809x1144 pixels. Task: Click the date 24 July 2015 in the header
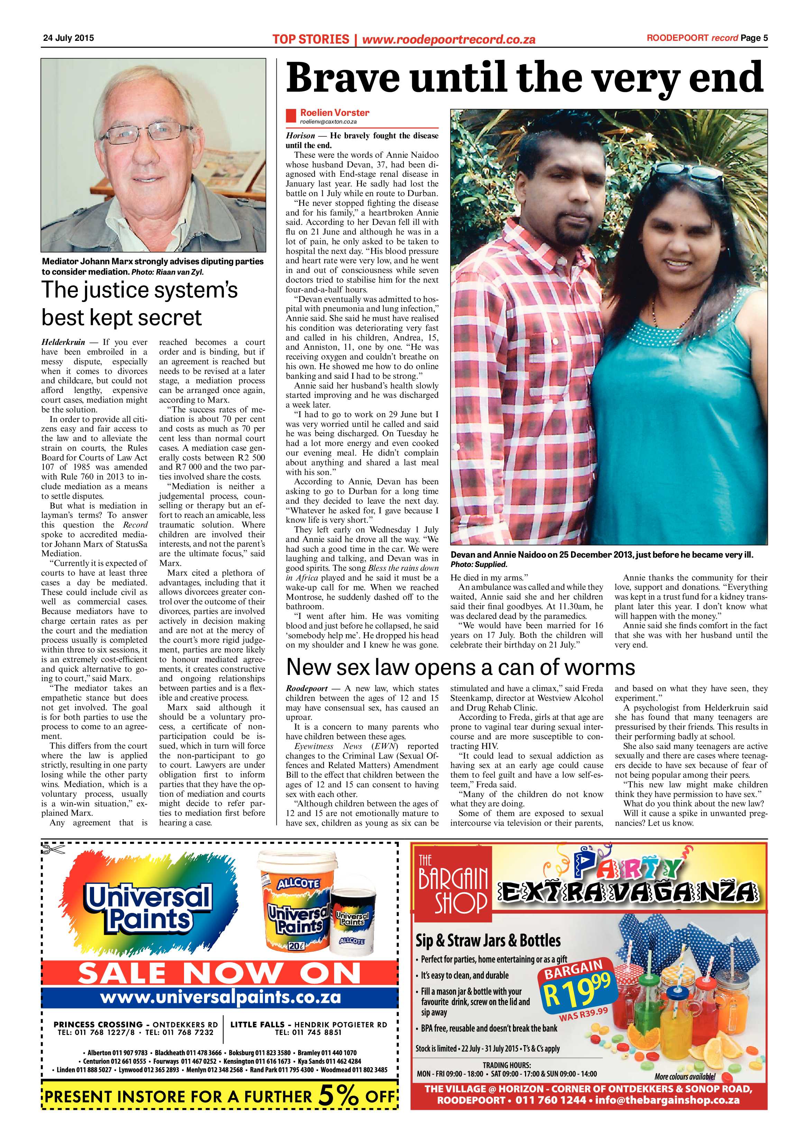pyautogui.click(x=68, y=38)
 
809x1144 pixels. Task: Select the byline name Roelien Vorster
pyautogui.click(x=334, y=113)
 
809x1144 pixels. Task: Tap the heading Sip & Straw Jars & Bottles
pyautogui.click(x=488, y=940)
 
